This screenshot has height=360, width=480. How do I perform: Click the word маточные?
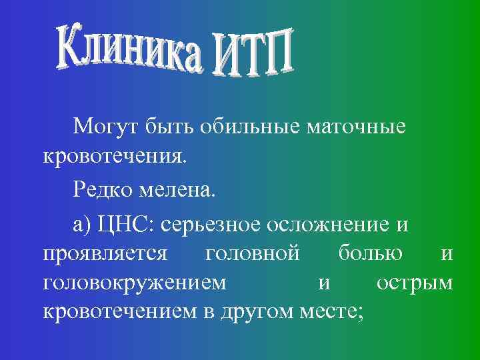[356, 127]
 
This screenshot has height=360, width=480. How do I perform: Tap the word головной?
[253, 255]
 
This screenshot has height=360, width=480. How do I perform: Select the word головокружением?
[134, 285]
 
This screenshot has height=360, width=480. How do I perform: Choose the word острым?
[414, 285]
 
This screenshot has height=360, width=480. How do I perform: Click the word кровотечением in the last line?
[120, 312]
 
